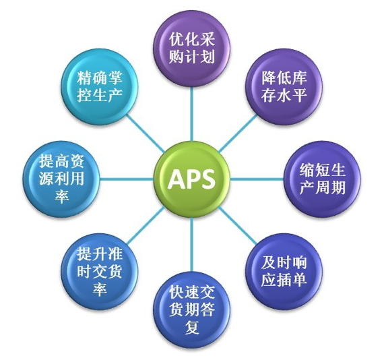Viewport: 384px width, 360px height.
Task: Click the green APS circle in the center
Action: (192, 179)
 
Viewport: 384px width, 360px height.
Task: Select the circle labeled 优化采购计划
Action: (192, 49)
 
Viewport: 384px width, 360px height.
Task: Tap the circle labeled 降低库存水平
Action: (284, 86)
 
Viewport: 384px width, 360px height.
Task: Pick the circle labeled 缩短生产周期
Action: (322, 179)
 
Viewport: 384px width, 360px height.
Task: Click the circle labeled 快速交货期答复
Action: (192, 309)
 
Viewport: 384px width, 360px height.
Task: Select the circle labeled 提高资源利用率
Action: (61, 179)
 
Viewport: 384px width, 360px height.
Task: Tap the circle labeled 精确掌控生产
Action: (100, 86)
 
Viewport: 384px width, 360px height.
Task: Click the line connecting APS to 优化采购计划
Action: (192, 114)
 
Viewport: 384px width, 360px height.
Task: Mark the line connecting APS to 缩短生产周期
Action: (257, 179)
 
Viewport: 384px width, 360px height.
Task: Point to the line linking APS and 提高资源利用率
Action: (127, 179)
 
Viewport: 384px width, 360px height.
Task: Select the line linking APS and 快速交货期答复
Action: (192, 245)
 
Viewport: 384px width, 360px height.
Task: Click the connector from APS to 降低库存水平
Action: (238, 133)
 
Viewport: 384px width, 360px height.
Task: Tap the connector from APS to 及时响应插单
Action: (238, 225)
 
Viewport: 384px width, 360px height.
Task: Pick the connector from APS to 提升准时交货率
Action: (146, 225)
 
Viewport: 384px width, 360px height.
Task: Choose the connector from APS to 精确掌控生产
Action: (146, 133)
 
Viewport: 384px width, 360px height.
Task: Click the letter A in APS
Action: (177, 179)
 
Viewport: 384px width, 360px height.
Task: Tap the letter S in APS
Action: (207, 179)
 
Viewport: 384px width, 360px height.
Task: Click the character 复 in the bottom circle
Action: (192, 328)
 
